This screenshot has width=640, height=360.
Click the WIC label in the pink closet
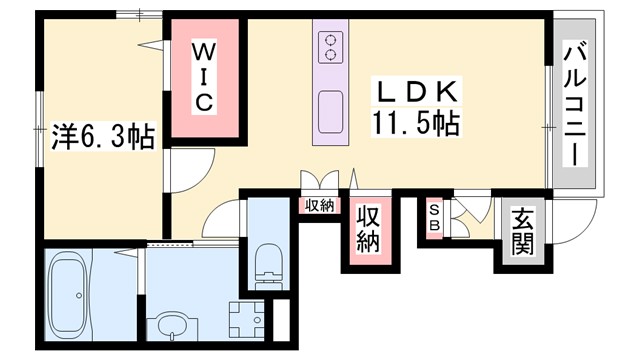pos(203,76)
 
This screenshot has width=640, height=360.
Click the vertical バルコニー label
pos(573,104)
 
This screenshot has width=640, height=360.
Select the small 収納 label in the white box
pos(319,206)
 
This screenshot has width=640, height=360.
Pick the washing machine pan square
pos(244,322)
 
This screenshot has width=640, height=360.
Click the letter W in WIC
pos(203,50)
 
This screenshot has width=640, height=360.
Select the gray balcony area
pos(573,104)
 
